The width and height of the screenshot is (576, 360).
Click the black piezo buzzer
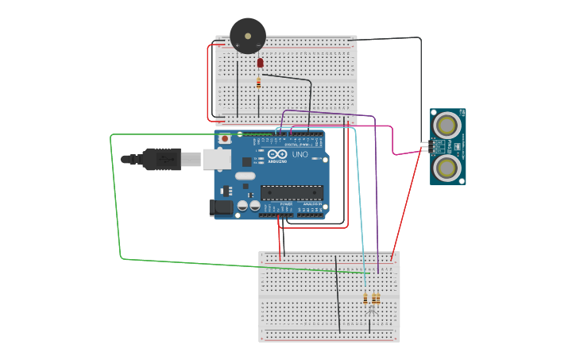point(248,36)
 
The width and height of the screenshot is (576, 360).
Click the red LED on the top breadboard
point(260,63)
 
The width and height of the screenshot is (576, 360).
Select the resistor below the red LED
point(259,82)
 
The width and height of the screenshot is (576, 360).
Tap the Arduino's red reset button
point(225,139)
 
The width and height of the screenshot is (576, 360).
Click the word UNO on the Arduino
point(300,154)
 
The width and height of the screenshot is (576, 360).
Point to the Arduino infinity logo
point(276,154)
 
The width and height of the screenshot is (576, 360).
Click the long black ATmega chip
point(292,192)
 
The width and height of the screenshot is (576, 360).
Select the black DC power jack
point(222,208)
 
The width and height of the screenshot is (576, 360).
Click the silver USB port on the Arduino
point(216,159)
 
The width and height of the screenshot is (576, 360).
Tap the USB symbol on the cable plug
point(166,159)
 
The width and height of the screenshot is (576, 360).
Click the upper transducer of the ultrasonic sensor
point(447,125)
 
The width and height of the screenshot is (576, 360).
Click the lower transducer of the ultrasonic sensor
point(447,168)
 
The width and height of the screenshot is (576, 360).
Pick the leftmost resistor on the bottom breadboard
point(365,299)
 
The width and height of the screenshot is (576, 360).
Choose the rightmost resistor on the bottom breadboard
point(377,299)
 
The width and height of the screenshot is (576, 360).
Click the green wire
point(115,199)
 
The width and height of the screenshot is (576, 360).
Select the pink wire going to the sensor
point(392,140)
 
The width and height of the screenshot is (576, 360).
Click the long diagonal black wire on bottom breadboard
point(338,294)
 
